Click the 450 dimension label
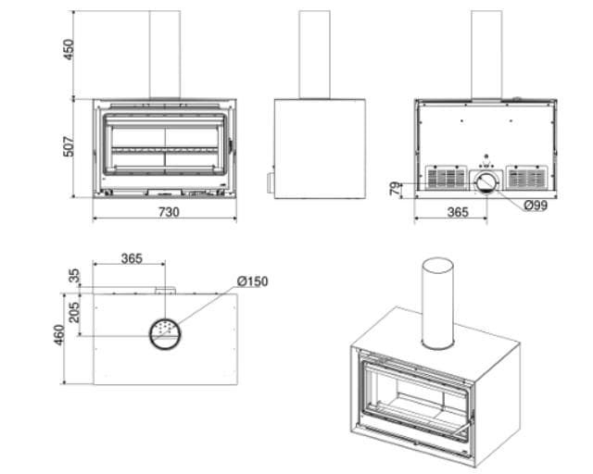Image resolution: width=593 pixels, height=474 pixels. (x=69, y=49)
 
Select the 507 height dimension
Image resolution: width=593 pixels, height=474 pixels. (x=69, y=146)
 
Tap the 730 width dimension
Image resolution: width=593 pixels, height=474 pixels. (x=169, y=212)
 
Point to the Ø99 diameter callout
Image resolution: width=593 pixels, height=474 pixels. (x=536, y=206)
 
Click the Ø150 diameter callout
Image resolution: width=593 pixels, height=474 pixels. (x=253, y=281)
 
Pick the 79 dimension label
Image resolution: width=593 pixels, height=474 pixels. (x=396, y=189)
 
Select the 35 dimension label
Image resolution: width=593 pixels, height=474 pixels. (x=75, y=276)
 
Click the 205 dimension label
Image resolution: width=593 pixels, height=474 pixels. (x=74, y=312)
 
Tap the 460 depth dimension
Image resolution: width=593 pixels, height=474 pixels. (x=59, y=335)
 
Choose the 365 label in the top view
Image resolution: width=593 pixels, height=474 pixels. (x=132, y=259)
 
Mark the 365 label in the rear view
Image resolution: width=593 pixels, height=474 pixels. (x=458, y=212)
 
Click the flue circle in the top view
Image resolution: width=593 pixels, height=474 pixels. (x=165, y=334)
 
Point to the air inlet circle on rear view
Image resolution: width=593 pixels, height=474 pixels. (x=486, y=182)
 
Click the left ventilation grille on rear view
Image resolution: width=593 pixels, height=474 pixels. (x=447, y=177)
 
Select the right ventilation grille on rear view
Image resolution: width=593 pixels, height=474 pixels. (x=527, y=177)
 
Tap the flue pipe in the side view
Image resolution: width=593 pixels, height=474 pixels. (x=315, y=55)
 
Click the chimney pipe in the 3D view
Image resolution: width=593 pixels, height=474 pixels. (x=438, y=304)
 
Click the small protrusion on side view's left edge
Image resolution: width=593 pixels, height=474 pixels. (x=271, y=182)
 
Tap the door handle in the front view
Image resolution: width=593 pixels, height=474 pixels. (x=231, y=145)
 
